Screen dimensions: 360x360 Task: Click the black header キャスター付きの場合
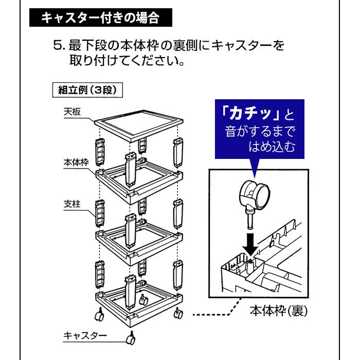point(101,17)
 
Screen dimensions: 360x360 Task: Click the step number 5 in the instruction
point(58,45)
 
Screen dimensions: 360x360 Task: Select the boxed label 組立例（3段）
point(87,90)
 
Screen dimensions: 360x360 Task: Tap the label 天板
point(72,112)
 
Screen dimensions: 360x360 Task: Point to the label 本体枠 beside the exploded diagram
point(76,163)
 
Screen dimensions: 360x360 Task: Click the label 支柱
point(72,204)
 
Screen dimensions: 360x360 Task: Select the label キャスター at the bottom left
point(85,335)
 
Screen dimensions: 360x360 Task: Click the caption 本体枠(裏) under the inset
point(279,311)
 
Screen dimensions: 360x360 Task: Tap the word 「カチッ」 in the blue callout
point(250,114)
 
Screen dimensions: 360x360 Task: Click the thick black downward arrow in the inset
point(250,244)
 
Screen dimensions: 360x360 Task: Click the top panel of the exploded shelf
point(139,125)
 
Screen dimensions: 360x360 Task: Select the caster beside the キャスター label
point(131,338)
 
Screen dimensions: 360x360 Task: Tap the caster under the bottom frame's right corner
point(178,313)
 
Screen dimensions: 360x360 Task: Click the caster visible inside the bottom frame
point(143,300)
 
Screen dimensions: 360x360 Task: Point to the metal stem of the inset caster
point(250,220)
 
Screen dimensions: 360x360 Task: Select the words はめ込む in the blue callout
point(272,147)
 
